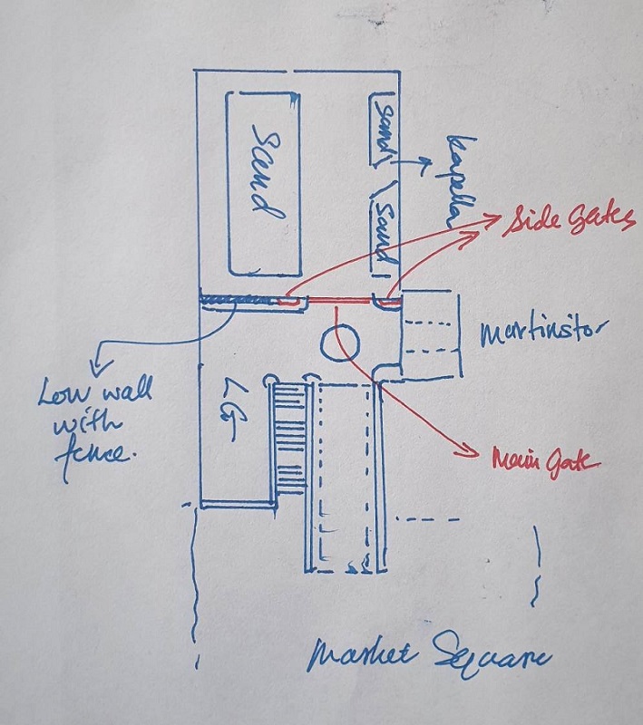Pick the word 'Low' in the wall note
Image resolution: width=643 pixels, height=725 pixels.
tap(63, 393)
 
